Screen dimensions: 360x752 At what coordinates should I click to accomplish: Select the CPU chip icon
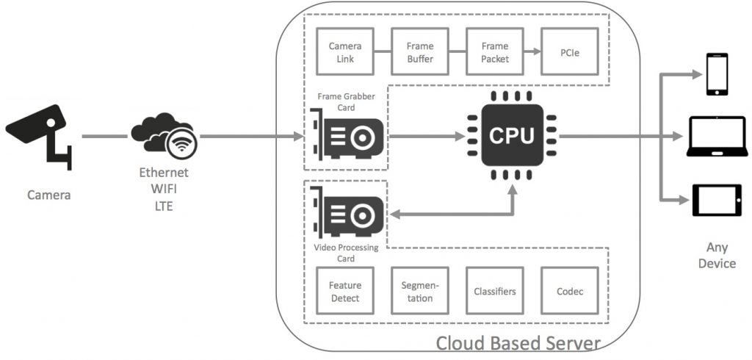point(512,135)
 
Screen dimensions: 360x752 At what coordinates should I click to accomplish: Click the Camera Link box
point(344,52)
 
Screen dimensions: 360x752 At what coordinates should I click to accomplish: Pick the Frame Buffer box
point(420,52)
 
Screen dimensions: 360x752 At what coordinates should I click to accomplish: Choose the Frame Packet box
point(495,52)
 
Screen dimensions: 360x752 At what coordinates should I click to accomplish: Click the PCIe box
point(570,52)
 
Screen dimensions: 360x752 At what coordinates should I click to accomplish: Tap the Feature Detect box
point(344,292)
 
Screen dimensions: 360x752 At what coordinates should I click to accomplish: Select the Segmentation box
point(420,292)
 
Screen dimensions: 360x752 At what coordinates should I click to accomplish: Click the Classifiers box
point(495,292)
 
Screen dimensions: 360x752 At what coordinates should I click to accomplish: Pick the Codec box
point(570,292)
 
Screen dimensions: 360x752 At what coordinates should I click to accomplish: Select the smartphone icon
point(717,74)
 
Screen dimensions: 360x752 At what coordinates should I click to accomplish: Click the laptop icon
point(717,137)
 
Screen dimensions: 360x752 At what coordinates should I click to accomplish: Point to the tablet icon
point(717,200)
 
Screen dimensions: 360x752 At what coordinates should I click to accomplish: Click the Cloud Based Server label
point(518,342)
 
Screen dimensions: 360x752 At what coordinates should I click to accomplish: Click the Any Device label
point(717,256)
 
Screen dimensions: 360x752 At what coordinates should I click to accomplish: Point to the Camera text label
point(48,195)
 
